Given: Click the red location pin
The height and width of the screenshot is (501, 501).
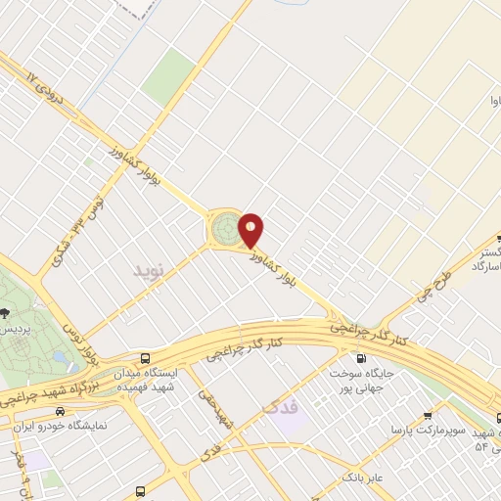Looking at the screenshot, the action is (251, 230).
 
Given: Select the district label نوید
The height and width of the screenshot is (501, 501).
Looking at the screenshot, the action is (152, 268).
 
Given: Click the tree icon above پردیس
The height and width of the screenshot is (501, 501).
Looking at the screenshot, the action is (6, 314).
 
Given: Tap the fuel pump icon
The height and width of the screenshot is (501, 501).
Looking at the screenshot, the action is (363, 357).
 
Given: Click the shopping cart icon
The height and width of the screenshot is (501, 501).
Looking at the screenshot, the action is (428, 415).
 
